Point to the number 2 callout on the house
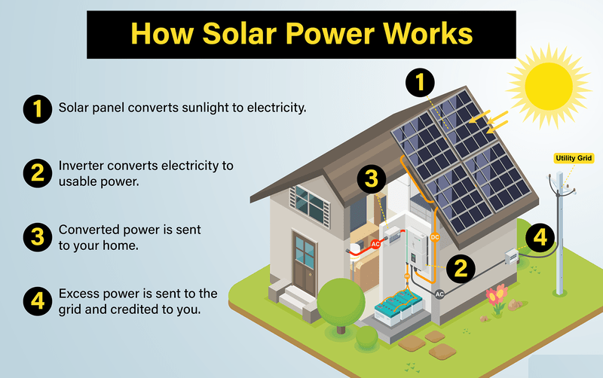(x=460, y=267)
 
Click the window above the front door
(x=311, y=203)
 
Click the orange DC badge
(x=434, y=236)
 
